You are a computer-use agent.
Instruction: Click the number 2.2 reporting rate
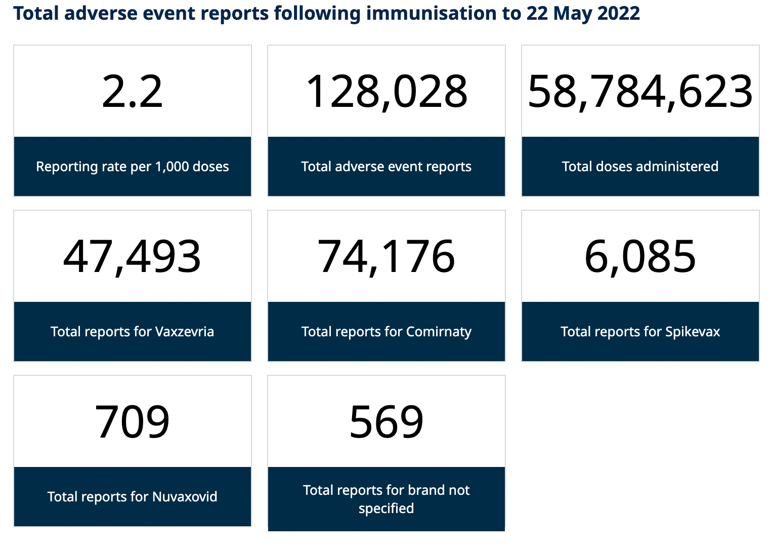coord(133,92)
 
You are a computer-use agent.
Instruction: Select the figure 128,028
coord(387,92)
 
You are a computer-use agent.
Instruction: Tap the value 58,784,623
coord(640,92)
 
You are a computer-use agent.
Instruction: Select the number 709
coord(133,422)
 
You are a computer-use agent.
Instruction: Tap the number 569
coord(387,422)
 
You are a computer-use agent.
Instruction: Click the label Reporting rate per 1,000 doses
coord(133,167)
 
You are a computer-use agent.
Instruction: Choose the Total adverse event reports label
coord(387,167)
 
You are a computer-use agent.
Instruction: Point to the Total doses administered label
coord(640,167)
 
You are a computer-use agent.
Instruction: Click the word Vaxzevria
coord(185,332)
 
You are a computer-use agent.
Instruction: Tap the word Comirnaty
coord(439,332)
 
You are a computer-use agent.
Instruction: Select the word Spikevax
coord(693,332)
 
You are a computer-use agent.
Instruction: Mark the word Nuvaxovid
coord(185,497)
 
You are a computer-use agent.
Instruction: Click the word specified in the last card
coord(387,508)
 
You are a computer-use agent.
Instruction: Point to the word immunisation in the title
coord(432,14)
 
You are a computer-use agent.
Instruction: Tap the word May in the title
coord(572,14)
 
